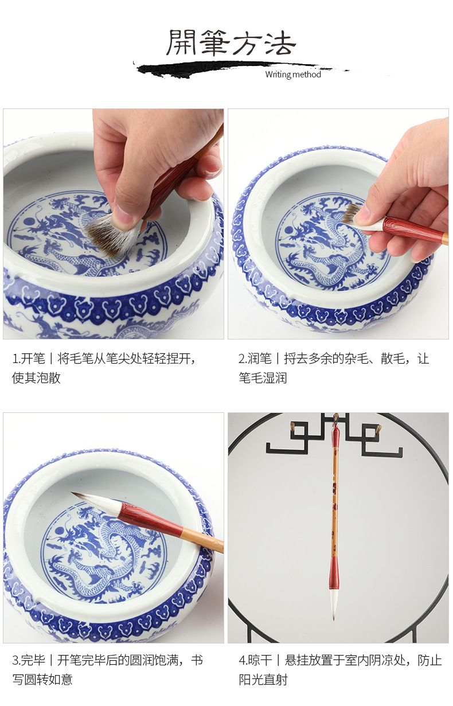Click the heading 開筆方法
coord(231,43)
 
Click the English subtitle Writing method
coord(293,75)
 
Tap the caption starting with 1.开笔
coord(104,368)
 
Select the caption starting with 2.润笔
coord(334,368)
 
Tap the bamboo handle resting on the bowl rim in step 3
coord(202,541)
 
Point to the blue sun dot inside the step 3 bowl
coord(59,530)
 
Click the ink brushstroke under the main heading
coord(240,69)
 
